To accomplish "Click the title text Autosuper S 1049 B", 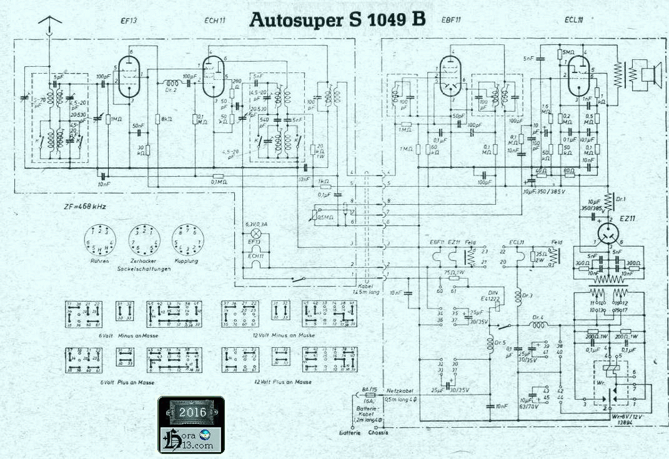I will pos(337,20).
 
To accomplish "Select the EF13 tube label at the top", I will pos(129,21).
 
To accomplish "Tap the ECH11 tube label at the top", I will pos(214,21).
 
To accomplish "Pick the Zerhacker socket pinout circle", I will pos(141,239).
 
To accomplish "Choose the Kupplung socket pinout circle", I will pos(186,239).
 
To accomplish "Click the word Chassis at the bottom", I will pos(379,433).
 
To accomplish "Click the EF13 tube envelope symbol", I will pos(129,77).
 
